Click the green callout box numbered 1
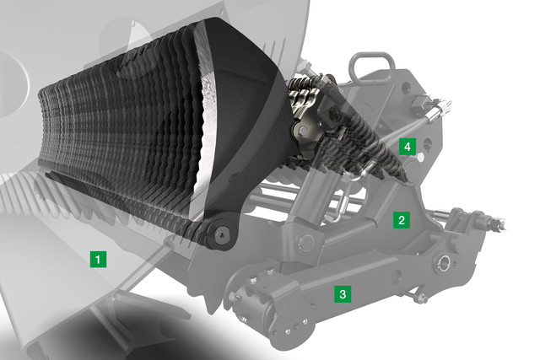[98, 259]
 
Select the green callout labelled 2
[402, 220]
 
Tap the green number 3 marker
[343, 294]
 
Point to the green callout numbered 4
[408, 147]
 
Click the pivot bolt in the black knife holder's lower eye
[221, 234]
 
